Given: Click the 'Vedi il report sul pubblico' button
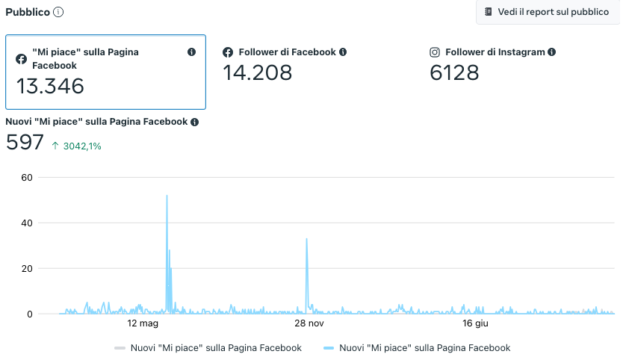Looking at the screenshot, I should pyautogui.click(x=546, y=12).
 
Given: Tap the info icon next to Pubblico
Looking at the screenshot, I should pyautogui.click(x=58, y=12).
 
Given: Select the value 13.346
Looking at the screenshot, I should pyautogui.click(x=51, y=86).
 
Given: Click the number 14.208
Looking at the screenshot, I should pyautogui.click(x=258, y=72).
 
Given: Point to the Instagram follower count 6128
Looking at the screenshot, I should pyautogui.click(x=454, y=72).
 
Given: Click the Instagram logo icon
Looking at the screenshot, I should pyautogui.click(x=435, y=52).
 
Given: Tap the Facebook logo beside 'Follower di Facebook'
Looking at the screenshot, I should pyautogui.click(x=229, y=52).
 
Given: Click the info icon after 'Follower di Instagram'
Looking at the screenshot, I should pyautogui.click(x=551, y=52).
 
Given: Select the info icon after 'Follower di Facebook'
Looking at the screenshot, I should pyautogui.click(x=343, y=52).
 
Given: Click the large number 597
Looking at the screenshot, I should pyautogui.click(x=25, y=142).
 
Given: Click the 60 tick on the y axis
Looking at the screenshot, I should pyautogui.click(x=27, y=177).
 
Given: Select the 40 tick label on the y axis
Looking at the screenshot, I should pyautogui.click(x=27, y=223).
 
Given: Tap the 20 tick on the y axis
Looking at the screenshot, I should pyautogui.click(x=27, y=268).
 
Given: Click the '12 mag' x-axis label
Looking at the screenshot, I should pyautogui.click(x=143, y=323).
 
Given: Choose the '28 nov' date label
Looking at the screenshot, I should pyautogui.click(x=309, y=323).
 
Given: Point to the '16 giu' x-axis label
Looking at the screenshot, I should pyautogui.click(x=475, y=323).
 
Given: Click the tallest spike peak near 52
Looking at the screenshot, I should pyautogui.click(x=167, y=196).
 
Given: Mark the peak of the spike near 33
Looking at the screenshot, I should pyautogui.click(x=307, y=239).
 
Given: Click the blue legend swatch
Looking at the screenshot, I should pyautogui.click(x=329, y=348).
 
